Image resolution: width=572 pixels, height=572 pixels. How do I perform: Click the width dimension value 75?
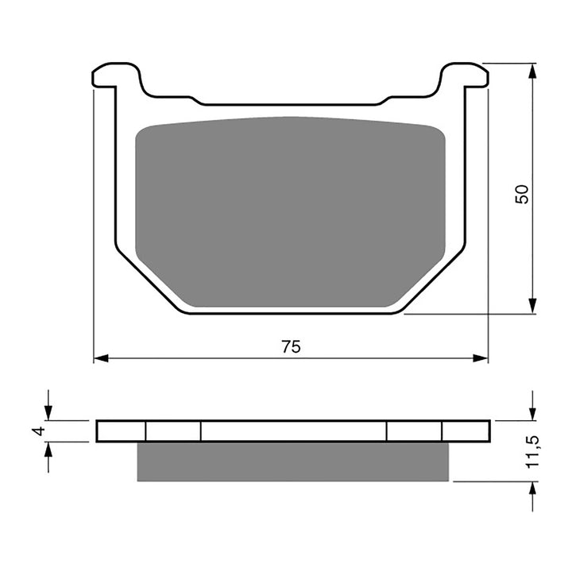pos(291,346)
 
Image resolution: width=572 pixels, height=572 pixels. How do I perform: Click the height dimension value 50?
pos(521,194)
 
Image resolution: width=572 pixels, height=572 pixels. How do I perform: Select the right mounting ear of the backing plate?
pos(466,75)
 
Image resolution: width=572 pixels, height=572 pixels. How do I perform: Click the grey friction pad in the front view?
pos(291,211)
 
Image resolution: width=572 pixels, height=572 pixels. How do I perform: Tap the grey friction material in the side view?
pos(292,462)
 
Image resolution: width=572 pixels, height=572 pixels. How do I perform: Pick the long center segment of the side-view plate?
pos(293,431)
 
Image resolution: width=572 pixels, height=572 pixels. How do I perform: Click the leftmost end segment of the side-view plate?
pos(122,431)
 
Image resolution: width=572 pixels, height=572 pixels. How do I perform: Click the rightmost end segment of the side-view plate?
pos(466,431)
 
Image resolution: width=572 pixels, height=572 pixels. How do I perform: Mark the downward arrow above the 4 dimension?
pos(49,413)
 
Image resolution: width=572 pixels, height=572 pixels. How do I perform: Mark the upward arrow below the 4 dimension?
pos(49,450)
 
